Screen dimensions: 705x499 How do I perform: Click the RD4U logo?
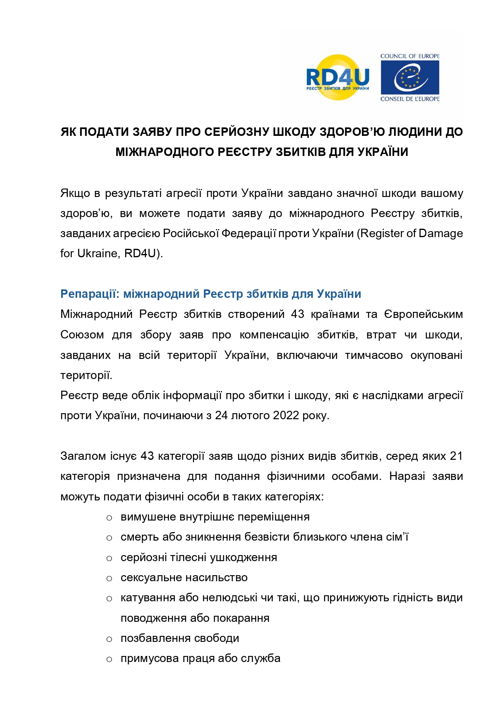pyautogui.click(x=338, y=77)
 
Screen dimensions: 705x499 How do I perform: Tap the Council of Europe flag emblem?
pyautogui.click(x=410, y=77)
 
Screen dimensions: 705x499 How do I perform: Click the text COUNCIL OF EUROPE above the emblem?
pyautogui.click(x=410, y=56)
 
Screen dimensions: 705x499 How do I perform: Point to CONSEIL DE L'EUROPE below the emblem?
pyautogui.click(x=410, y=99)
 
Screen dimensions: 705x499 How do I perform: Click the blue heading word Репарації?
pyautogui.click(x=90, y=294)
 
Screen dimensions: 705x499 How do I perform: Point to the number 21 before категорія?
pyautogui.click(x=456, y=456)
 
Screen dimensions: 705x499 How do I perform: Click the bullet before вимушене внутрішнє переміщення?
pyautogui.click(x=109, y=518)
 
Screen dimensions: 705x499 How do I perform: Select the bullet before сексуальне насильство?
pyautogui.click(x=109, y=578)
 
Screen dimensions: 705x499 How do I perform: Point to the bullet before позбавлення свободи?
pyautogui.click(x=109, y=639)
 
